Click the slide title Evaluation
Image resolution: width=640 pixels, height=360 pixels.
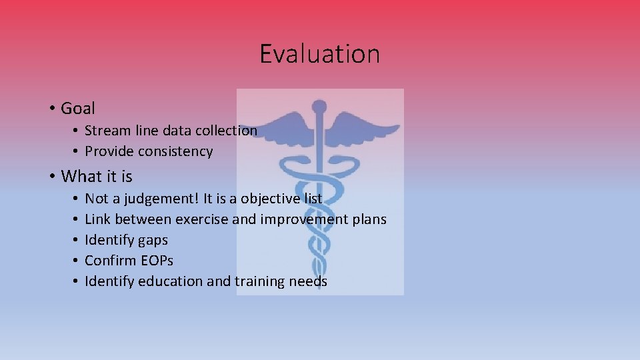click(x=319, y=54)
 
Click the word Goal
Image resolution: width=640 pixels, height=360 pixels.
click(x=78, y=108)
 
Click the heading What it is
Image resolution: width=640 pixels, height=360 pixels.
click(x=97, y=177)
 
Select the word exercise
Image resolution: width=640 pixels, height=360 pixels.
click(x=202, y=219)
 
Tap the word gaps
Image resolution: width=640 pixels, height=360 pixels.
click(x=153, y=240)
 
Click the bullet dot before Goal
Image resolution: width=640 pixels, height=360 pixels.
click(x=51, y=109)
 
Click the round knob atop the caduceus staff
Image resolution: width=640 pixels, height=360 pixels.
click(x=319, y=107)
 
